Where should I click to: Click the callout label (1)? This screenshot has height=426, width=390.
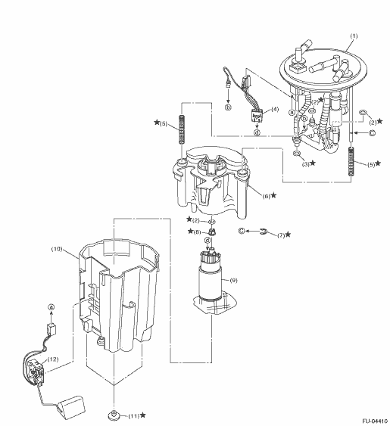pos(354,36)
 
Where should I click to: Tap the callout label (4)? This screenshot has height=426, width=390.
pos(275,109)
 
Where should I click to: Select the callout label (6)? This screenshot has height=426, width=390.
pos(267,196)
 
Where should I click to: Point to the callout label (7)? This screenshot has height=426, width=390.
pos(281,235)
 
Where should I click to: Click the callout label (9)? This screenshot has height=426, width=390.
pos(233,280)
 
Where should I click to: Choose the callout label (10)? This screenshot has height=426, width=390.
pos(57,249)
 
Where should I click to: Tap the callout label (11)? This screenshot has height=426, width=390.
pos(133,416)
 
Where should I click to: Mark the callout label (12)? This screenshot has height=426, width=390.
pos(53,359)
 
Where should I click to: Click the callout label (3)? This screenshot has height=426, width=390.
pos(306,164)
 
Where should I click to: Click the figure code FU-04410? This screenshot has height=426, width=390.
pos(375,421)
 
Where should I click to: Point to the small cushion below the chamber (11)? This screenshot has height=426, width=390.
pos(114,415)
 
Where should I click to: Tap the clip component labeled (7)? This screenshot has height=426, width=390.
pos(264,232)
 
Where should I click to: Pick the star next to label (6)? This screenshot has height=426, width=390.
pos(273,195)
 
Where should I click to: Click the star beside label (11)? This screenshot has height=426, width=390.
pos(142,415)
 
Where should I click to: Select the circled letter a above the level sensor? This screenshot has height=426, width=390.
pos(51,307)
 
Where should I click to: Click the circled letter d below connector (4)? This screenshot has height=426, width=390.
pos(257,132)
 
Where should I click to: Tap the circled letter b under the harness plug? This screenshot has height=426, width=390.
pos(228,107)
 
